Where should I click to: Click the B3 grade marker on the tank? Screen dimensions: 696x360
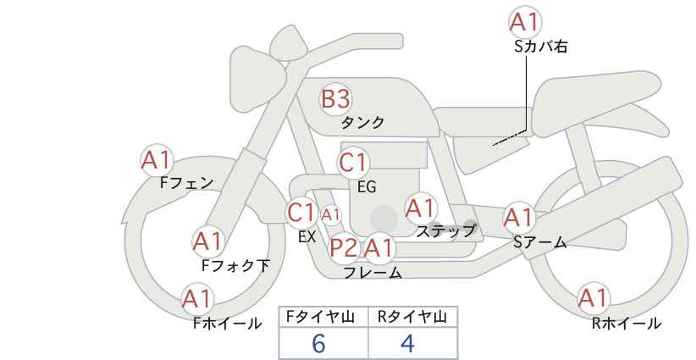(x=335, y=99)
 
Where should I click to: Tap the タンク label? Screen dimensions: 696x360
(x=362, y=123)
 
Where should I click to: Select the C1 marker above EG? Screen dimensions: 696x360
(x=353, y=163)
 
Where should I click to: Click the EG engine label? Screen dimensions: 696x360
(x=367, y=187)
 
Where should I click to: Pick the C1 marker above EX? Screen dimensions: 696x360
(x=301, y=213)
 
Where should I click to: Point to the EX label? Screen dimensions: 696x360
(x=307, y=236)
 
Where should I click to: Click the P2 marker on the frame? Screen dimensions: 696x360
(x=344, y=247)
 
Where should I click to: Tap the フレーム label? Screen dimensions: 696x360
(x=373, y=272)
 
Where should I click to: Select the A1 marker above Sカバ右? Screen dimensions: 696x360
(x=525, y=22)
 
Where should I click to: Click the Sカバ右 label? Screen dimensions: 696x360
(x=541, y=47)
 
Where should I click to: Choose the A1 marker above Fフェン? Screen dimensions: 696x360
(x=157, y=160)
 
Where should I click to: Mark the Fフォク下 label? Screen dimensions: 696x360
(x=235, y=265)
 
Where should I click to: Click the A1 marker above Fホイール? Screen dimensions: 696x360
(x=197, y=299)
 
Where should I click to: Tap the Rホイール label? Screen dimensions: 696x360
(x=627, y=324)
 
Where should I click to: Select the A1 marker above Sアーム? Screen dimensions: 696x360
(x=518, y=218)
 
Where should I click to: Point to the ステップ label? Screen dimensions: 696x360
(x=445, y=231)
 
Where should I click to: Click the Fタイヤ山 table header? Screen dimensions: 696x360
(x=320, y=317)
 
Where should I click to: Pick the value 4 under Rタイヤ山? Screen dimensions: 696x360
(x=407, y=343)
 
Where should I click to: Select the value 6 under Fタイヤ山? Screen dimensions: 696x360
(x=318, y=343)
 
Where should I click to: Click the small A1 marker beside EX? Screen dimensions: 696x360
(x=331, y=215)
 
